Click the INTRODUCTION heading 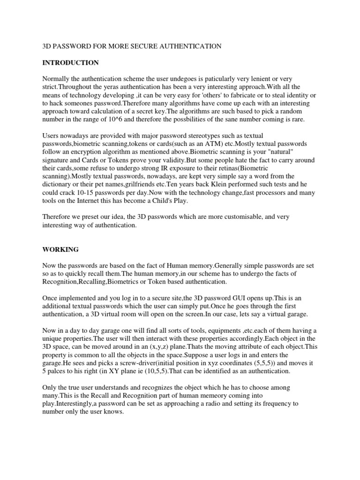point(70,62)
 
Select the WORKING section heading point(60,250)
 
